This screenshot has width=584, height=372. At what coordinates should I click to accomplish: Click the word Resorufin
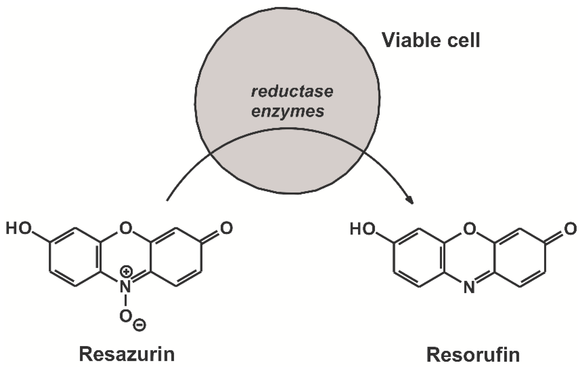473,354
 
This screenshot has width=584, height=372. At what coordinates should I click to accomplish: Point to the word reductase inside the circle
292,92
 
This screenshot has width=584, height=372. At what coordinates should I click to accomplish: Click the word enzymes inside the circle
288,111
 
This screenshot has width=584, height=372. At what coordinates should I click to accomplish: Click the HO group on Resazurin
19,228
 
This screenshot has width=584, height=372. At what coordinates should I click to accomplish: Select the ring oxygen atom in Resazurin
126,228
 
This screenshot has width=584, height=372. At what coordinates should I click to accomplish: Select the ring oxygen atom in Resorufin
469,229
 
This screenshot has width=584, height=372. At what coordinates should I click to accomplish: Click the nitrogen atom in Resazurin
126,287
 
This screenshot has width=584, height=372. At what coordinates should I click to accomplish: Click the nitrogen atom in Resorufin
469,287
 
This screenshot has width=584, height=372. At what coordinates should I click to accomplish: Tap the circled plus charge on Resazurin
126,272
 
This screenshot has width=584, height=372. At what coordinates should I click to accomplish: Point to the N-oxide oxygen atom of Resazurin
126,316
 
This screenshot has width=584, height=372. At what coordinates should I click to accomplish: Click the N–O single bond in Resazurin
126,301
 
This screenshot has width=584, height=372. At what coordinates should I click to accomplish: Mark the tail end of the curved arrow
167,200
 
